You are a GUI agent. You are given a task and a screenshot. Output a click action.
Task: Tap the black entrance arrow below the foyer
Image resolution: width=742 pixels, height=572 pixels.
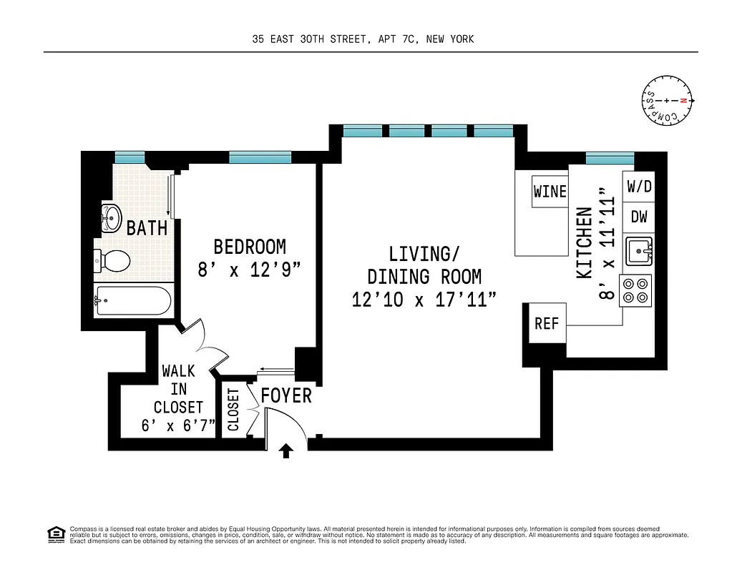click(x=286, y=450)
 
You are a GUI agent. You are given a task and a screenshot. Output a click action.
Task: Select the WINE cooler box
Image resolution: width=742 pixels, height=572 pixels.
click(x=550, y=192)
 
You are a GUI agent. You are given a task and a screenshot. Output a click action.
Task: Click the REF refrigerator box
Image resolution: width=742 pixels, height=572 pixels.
click(x=546, y=324)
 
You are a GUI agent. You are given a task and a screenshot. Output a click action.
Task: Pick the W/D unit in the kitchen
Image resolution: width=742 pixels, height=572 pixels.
click(x=639, y=187)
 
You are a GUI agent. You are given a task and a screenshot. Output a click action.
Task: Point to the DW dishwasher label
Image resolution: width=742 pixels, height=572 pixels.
click(x=639, y=217)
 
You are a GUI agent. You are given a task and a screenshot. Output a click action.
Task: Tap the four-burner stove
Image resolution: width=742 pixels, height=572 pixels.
click(x=636, y=290)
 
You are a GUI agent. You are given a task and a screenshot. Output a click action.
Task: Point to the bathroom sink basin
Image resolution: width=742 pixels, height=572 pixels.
click(x=111, y=217)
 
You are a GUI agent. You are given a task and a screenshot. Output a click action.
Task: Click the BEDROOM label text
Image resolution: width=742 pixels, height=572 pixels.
click(x=250, y=247)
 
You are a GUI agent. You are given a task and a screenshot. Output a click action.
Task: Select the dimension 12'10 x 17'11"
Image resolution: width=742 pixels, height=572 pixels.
click(x=424, y=300)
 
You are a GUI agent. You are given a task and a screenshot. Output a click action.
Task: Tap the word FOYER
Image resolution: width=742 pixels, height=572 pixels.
click(x=286, y=395)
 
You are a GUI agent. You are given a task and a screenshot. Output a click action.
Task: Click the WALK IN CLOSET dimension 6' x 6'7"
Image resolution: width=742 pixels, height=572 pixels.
click(x=178, y=426)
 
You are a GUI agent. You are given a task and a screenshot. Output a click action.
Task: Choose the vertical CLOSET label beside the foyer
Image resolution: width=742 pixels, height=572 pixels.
click(x=233, y=410)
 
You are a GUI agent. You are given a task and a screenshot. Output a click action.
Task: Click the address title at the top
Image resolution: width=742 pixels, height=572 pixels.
click(x=363, y=39)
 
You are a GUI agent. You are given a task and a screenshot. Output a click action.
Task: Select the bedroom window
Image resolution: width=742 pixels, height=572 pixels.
click(x=260, y=157)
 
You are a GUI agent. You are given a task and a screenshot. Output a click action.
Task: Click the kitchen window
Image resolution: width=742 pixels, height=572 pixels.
click(x=610, y=158)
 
